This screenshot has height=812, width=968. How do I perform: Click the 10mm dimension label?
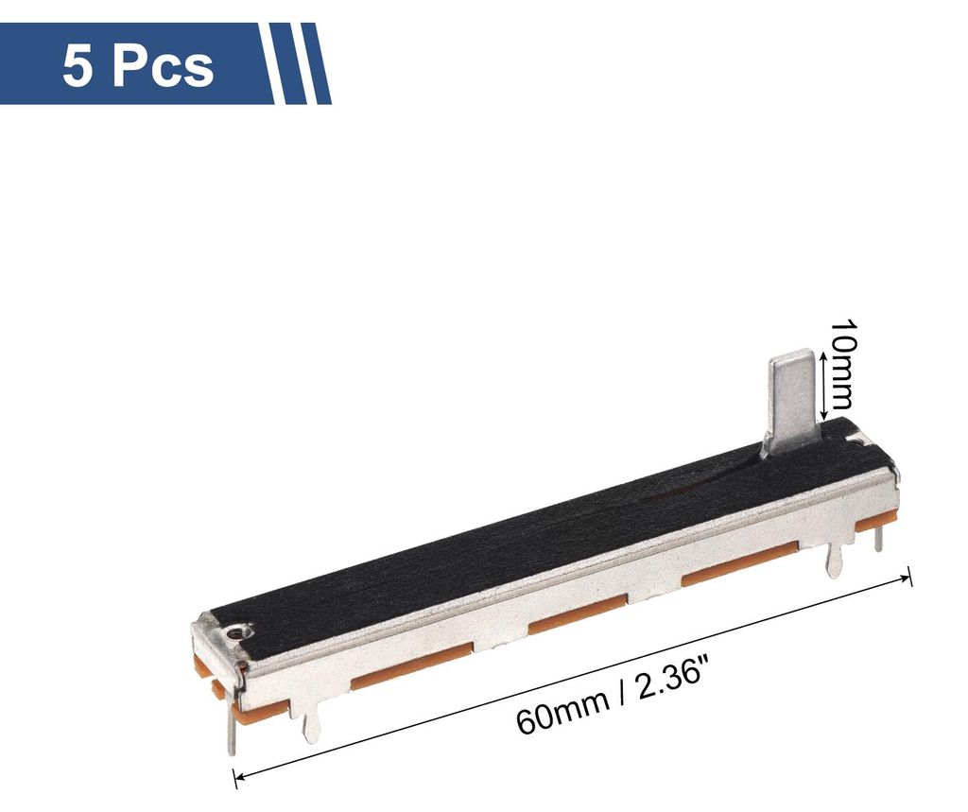pyautogui.click(x=841, y=364)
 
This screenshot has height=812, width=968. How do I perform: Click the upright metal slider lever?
pyautogui.click(x=795, y=402)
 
